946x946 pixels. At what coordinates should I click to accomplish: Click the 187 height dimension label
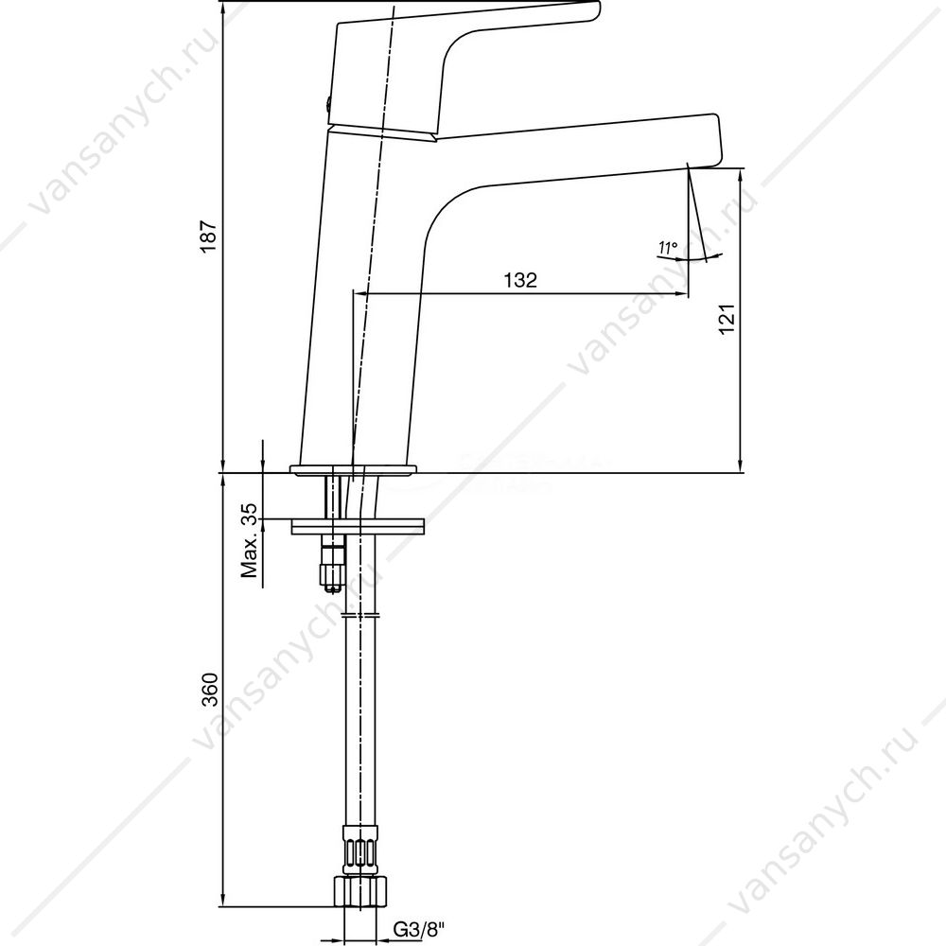[x=208, y=236]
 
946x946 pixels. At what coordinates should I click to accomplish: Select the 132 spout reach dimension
[x=520, y=280]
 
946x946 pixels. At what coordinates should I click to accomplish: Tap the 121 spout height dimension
[x=727, y=319]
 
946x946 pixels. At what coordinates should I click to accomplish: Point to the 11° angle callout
[x=669, y=247]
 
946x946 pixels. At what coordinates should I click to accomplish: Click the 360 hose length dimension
[x=209, y=689]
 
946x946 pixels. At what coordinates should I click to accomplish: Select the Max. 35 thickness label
[x=249, y=540]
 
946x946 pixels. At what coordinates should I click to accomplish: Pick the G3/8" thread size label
[x=419, y=929]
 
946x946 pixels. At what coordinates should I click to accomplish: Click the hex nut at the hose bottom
[x=359, y=890]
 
